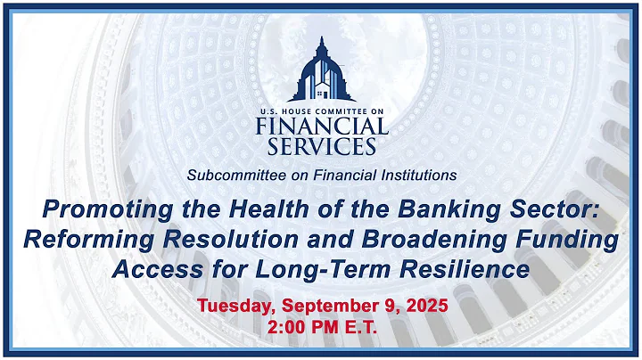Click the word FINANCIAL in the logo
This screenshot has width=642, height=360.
(321, 126)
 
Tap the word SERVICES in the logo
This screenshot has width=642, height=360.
(321, 145)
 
